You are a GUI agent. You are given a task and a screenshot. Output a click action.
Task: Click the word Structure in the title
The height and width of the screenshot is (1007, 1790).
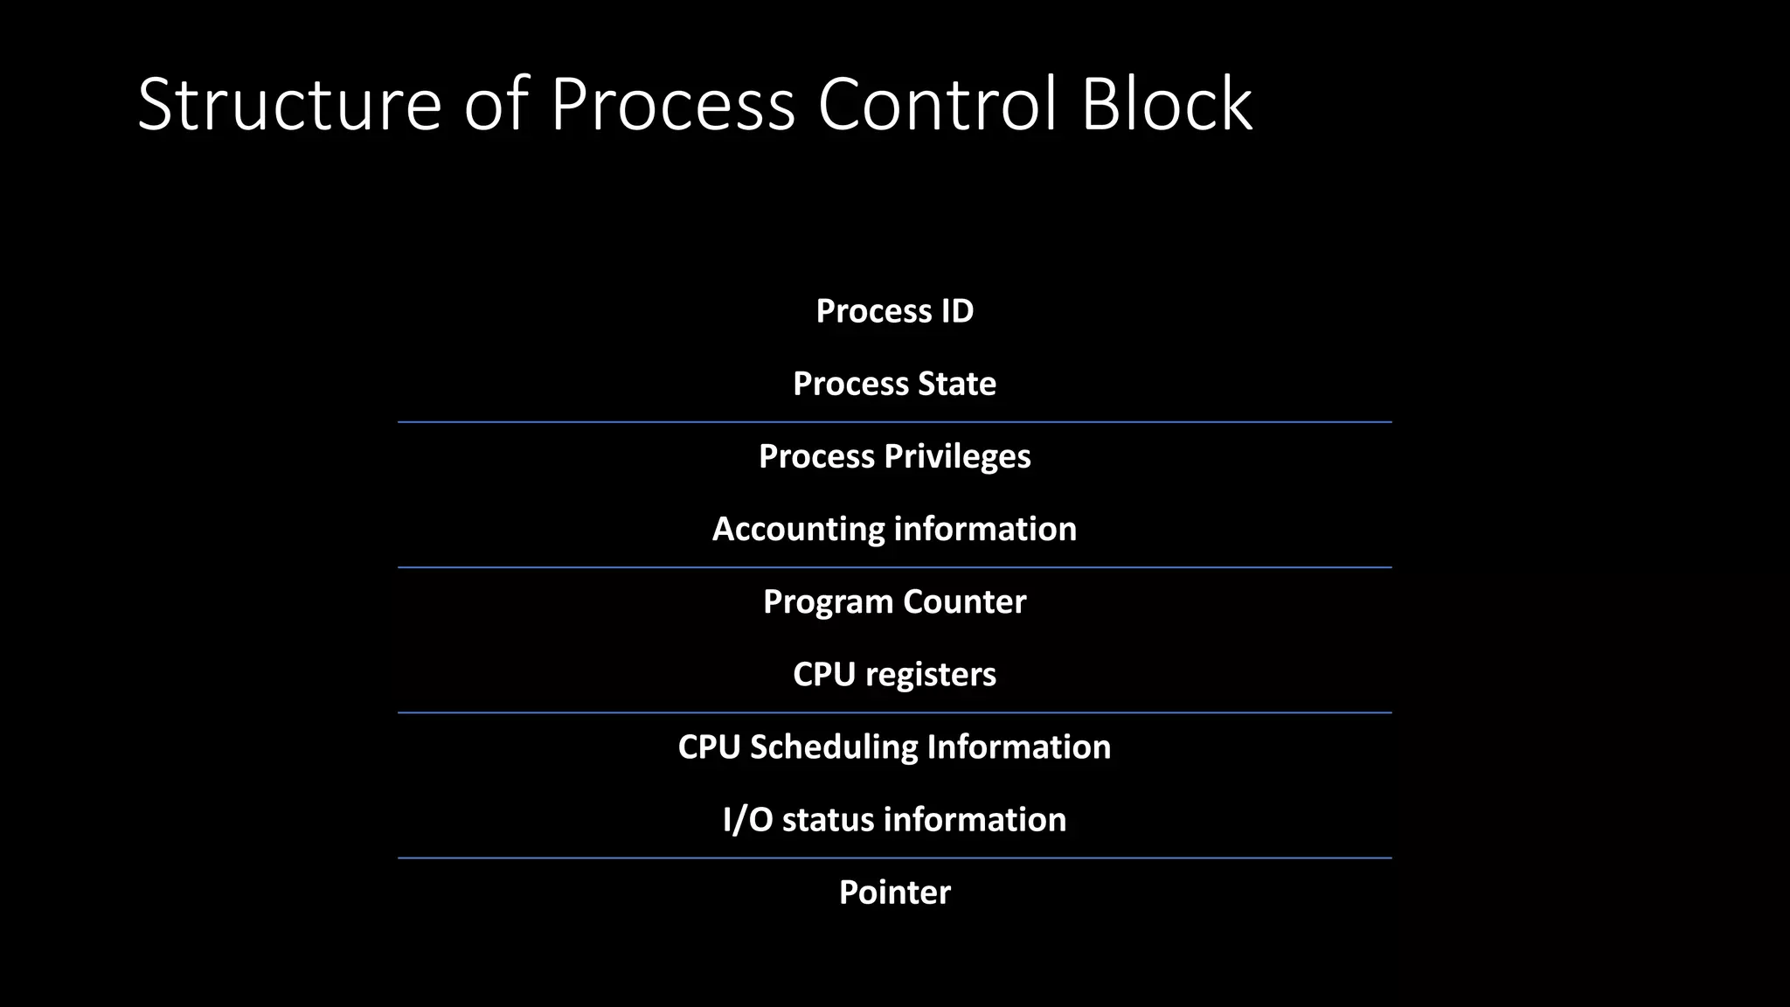pos(289,104)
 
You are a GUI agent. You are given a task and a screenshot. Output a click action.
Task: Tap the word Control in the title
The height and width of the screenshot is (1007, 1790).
pos(938,104)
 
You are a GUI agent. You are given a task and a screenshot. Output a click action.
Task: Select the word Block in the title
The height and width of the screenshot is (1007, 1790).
pos(1167,104)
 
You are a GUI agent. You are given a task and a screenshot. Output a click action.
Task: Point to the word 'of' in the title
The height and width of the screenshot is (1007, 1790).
pos(496,104)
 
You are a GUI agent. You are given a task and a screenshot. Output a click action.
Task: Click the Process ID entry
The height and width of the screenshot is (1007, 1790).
pos(894,311)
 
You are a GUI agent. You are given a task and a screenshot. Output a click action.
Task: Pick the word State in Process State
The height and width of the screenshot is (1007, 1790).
pos(957,384)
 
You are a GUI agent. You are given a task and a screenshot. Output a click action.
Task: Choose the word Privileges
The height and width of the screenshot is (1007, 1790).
pos(957,456)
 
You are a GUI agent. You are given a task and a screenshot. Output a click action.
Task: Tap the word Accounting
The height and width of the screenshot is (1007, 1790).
pos(798,529)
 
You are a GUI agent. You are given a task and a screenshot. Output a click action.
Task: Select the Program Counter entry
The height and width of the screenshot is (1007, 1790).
pos(894,601)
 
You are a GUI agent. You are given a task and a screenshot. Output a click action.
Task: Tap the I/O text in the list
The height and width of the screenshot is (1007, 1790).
pos(747,820)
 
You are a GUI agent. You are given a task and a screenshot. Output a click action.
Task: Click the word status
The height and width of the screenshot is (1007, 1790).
pos(828,820)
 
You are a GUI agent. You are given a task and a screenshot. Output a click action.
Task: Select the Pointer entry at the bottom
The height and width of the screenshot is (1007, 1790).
pos(894,892)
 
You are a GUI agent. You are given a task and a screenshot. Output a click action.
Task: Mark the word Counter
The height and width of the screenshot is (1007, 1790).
pos(964,601)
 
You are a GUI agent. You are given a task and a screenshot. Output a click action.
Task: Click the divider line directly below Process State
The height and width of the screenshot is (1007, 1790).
pos(894,422)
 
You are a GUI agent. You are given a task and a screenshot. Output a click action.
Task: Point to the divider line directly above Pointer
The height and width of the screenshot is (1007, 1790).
pos(894,858)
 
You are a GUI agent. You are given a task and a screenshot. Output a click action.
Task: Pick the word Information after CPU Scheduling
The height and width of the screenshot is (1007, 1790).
pos(1018,747)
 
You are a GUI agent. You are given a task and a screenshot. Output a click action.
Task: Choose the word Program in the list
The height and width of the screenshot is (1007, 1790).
pos(828,601)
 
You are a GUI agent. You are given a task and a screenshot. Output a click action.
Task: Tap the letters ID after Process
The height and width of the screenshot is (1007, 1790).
pos(957,311)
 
